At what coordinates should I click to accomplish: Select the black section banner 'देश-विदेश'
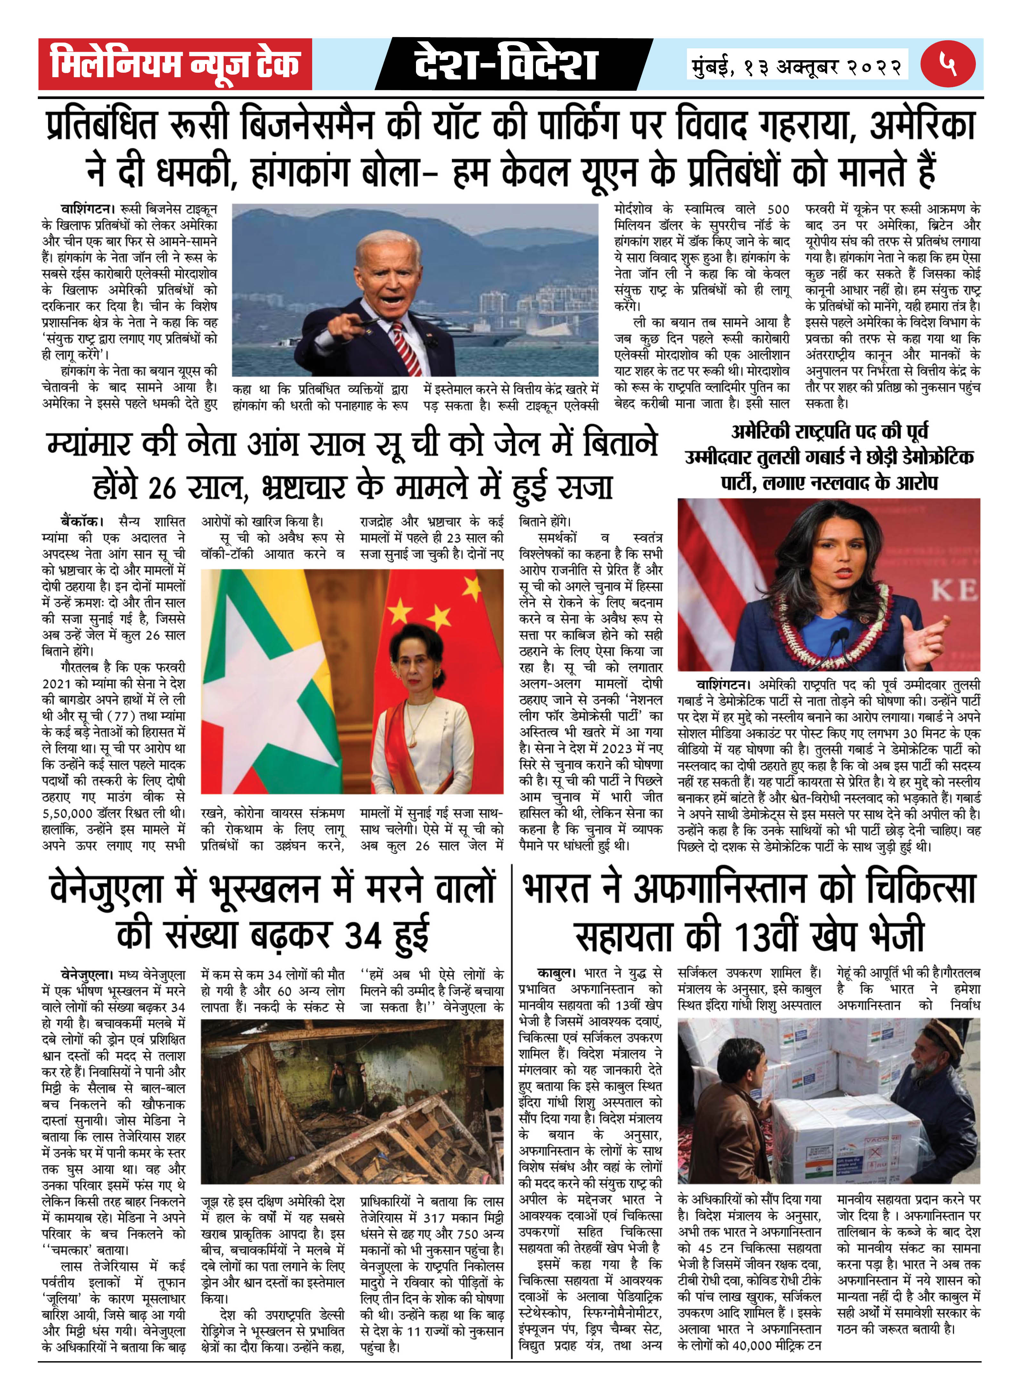click(x=506, y=64)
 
